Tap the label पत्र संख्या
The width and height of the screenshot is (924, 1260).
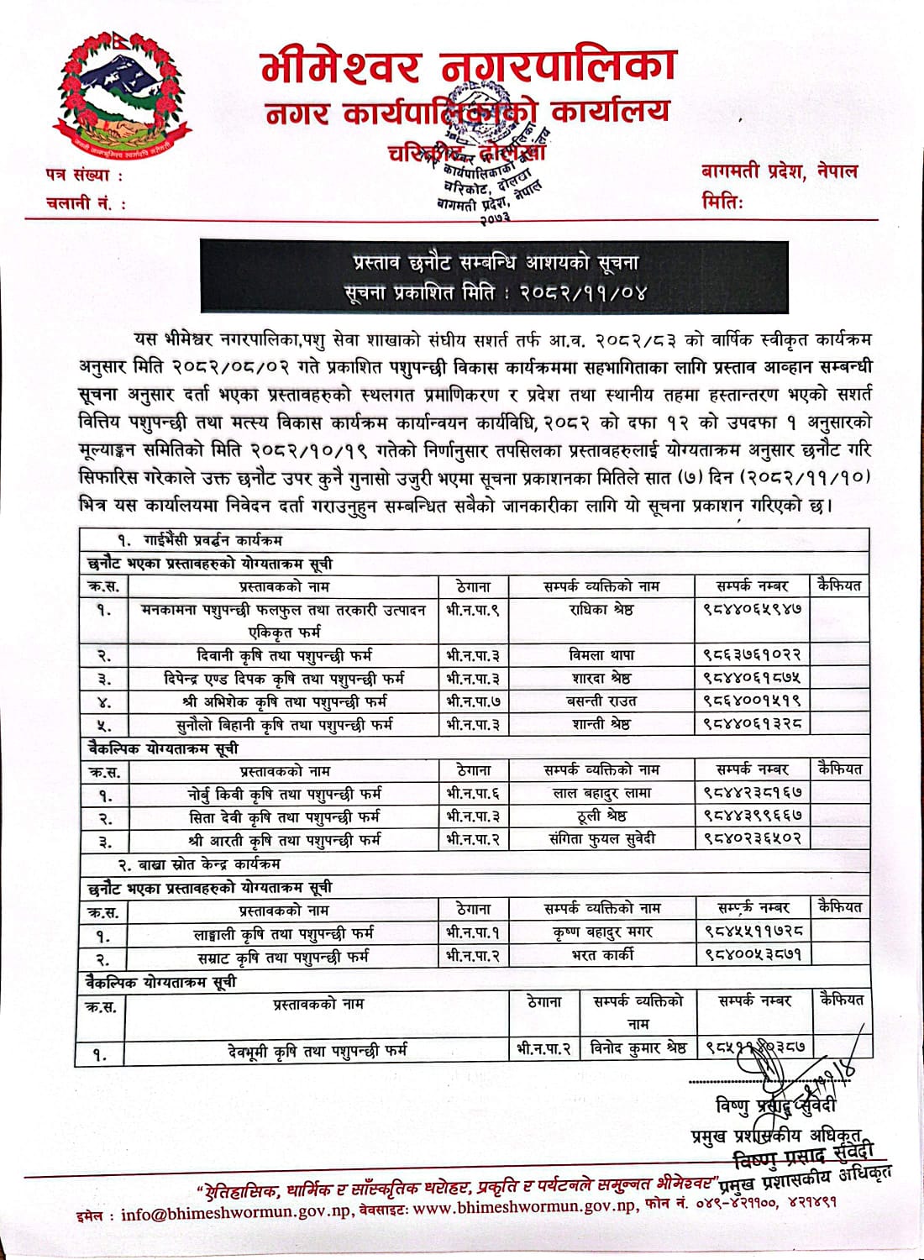click(x=83, y=176)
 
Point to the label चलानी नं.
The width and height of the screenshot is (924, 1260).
click(x=86, y=202)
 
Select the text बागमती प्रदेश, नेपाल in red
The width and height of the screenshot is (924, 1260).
click(x=779, y=171)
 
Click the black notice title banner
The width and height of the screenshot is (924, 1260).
click(x=493, y=278)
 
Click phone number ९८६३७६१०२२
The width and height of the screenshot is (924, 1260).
click(x=752, y=655)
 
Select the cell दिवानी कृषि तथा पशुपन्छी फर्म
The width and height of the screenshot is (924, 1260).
click(x=285, y=655)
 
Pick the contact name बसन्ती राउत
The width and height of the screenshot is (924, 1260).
click(x=601, y=701)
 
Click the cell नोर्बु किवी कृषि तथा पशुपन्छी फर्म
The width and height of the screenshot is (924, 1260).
click(x=285, y=793)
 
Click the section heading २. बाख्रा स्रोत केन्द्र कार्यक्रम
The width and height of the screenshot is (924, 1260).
click(x=198, y=864)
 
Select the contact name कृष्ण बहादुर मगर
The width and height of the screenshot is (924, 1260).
click(x=602, y=932)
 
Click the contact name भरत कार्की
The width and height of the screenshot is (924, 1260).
click(x=602, y=955)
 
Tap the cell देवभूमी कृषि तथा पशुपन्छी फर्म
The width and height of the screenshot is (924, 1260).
click(x=317, y=1050)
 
